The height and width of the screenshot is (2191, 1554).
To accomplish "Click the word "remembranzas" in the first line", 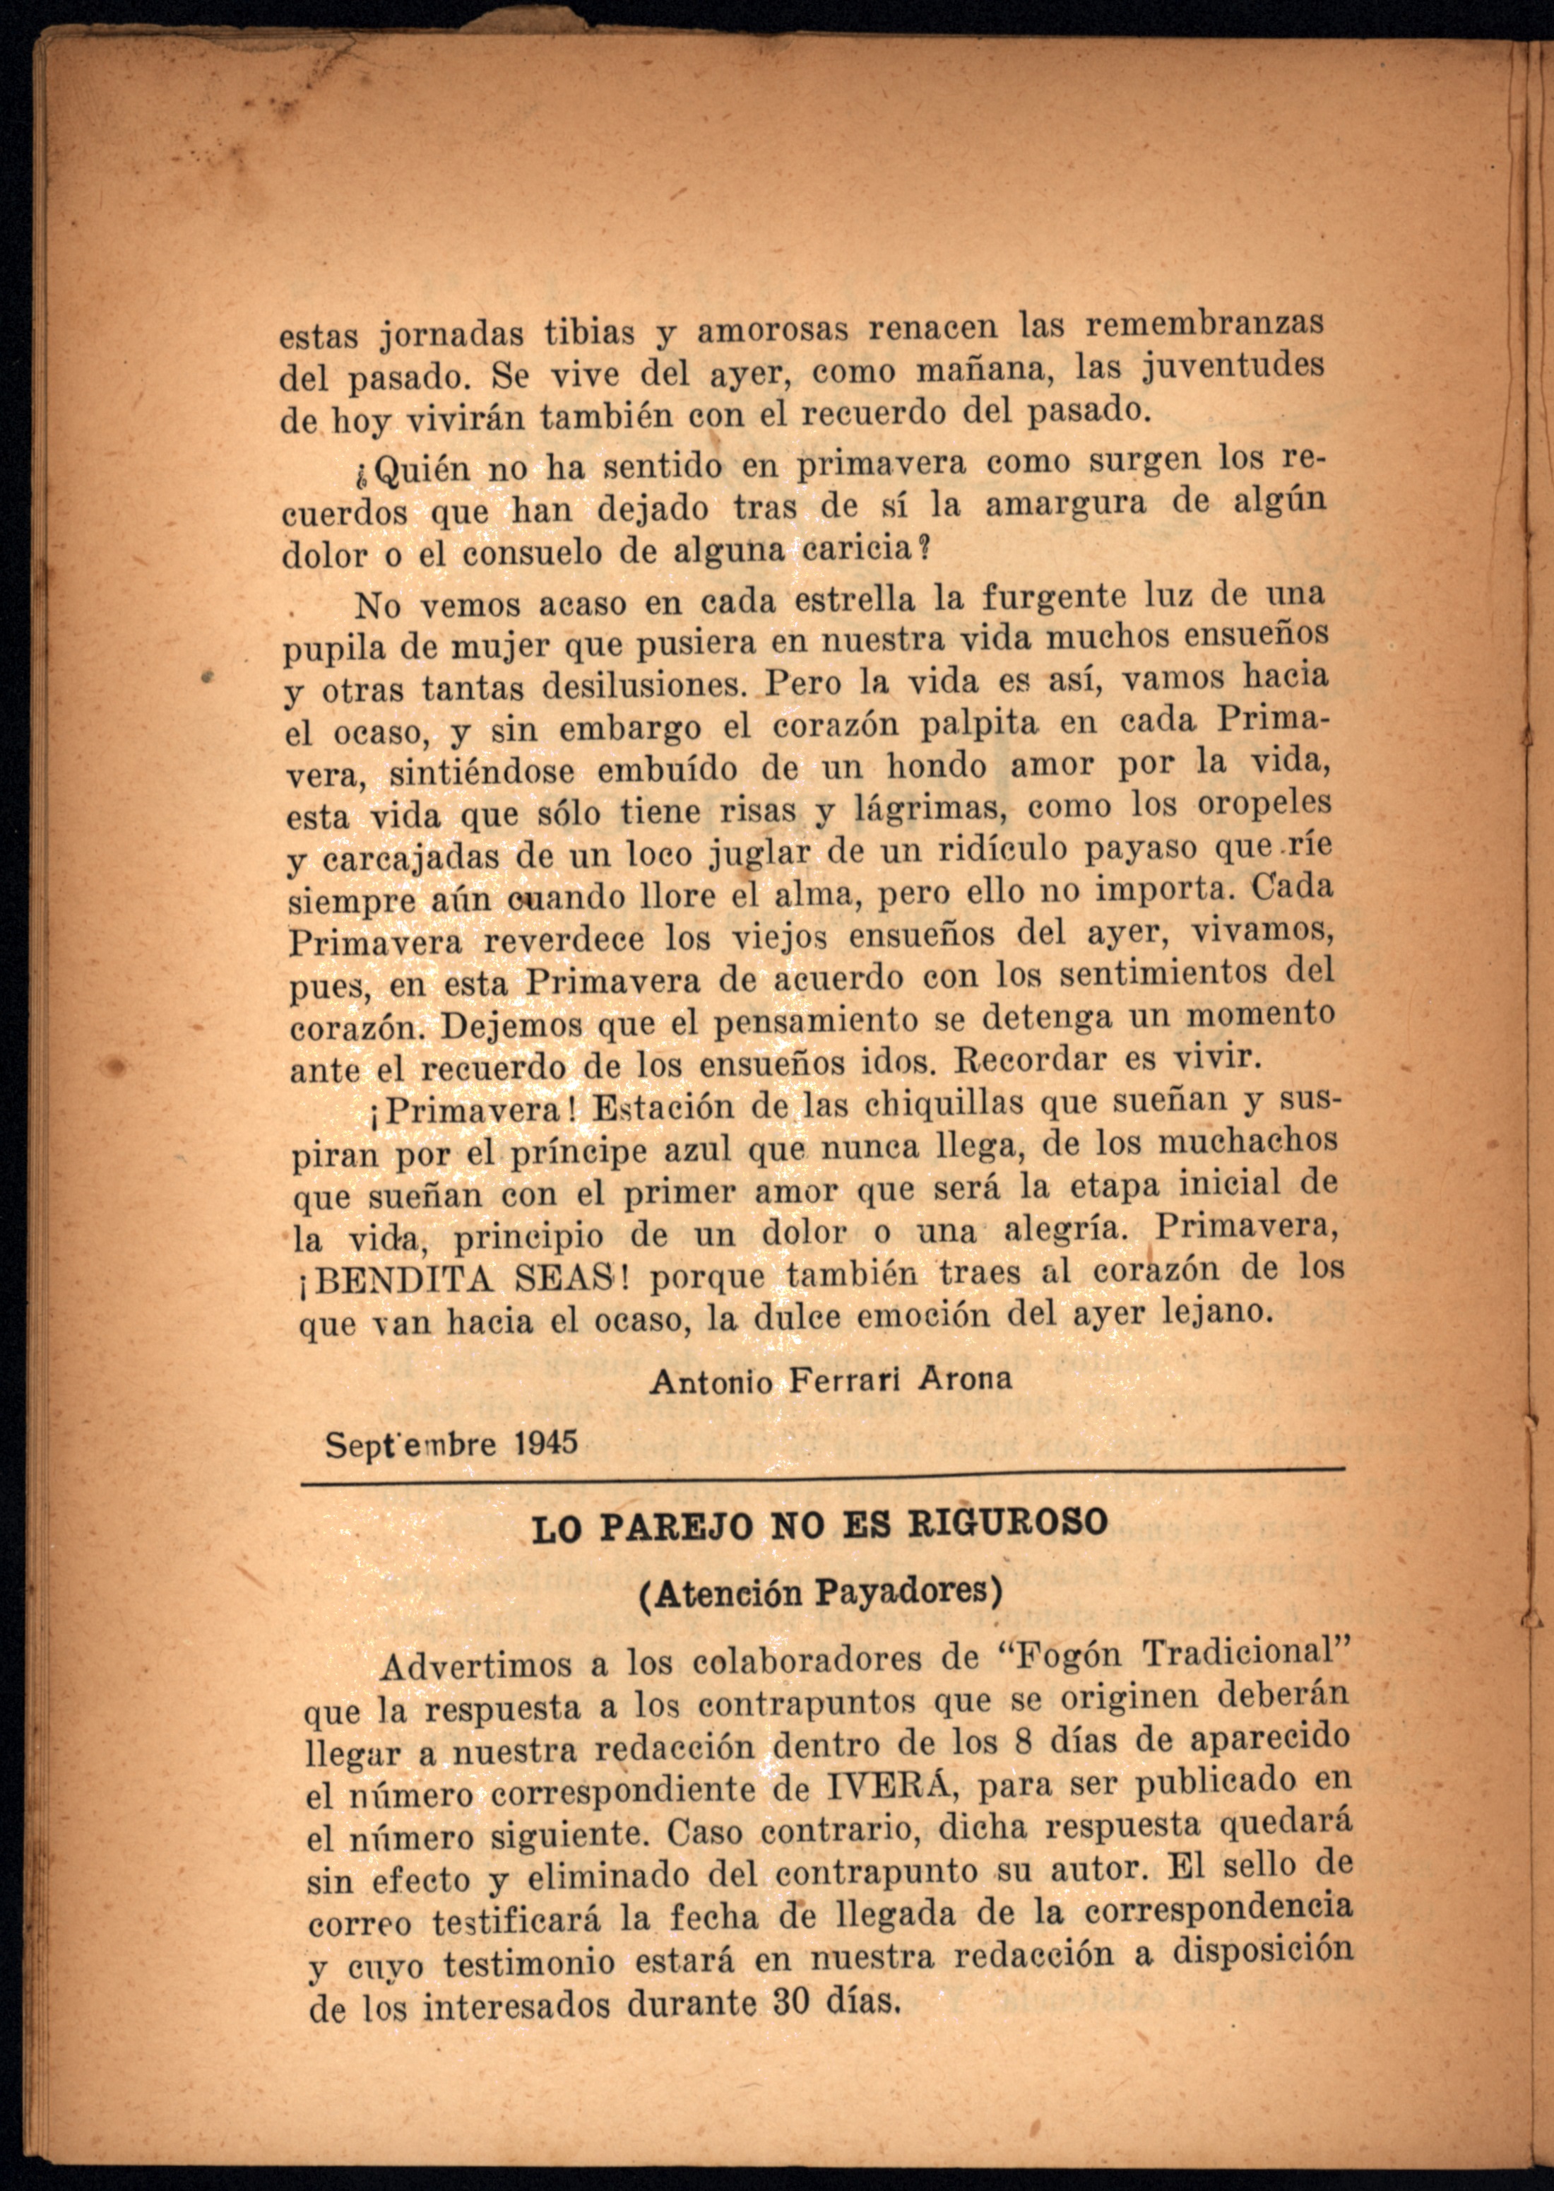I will [1205, 324].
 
